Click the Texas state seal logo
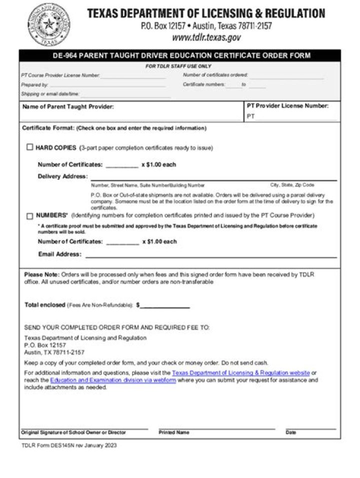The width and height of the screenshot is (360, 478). point(48,24)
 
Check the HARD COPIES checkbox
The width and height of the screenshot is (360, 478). point(30,147)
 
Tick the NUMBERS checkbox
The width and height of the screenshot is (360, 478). point(30,216)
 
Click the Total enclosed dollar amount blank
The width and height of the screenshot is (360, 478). point(165,305)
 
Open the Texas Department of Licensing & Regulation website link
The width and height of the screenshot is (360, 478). point(240,373)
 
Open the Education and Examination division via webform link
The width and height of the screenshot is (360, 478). point(113,380)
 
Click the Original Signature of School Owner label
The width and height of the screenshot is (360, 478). point(73,433)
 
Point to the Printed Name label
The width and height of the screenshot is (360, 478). point(173,433)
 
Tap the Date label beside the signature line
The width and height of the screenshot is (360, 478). point(290,433)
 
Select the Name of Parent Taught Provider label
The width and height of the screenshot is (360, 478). point(68,106)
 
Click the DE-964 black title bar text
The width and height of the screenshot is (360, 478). point(181,55)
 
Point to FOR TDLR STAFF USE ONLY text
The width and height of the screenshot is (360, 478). point(178,66)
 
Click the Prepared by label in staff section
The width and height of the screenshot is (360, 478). point(34,85)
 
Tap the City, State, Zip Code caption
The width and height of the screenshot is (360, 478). point(292,185)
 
